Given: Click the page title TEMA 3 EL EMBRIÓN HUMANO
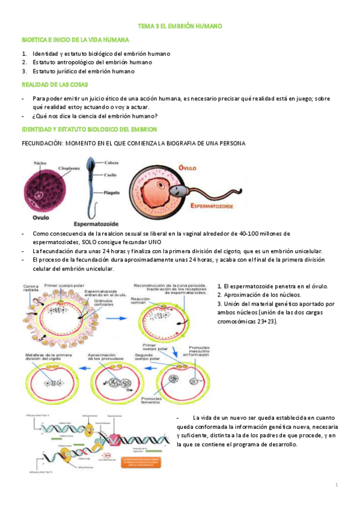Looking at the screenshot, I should click(x=180, y=27).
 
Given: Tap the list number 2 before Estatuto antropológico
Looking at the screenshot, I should click(x=24, y=62).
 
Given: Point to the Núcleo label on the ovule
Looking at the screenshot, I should click(x=40, y=162).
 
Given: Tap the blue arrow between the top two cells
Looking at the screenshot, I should click(x=118, y=308).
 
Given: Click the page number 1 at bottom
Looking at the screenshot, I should click(x=337, y=484).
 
